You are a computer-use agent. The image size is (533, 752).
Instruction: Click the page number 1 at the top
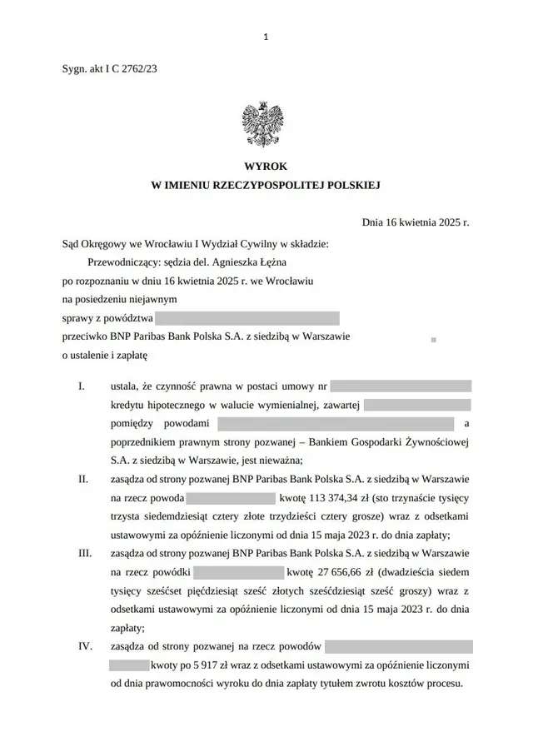click(x=265, y=37)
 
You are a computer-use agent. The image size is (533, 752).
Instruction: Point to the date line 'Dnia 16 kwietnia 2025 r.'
click(x=416, y=223)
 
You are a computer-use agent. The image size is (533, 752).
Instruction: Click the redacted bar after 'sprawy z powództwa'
click(x=247, y=318)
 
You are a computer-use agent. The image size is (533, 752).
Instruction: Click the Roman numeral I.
click(x=82, y=386)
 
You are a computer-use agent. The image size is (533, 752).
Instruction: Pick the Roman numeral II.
click(x=83, y=480)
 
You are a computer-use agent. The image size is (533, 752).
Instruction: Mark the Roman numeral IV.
click(x=84, y=646)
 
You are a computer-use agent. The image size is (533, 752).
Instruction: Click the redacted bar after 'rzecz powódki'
click(x=239, y=572)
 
